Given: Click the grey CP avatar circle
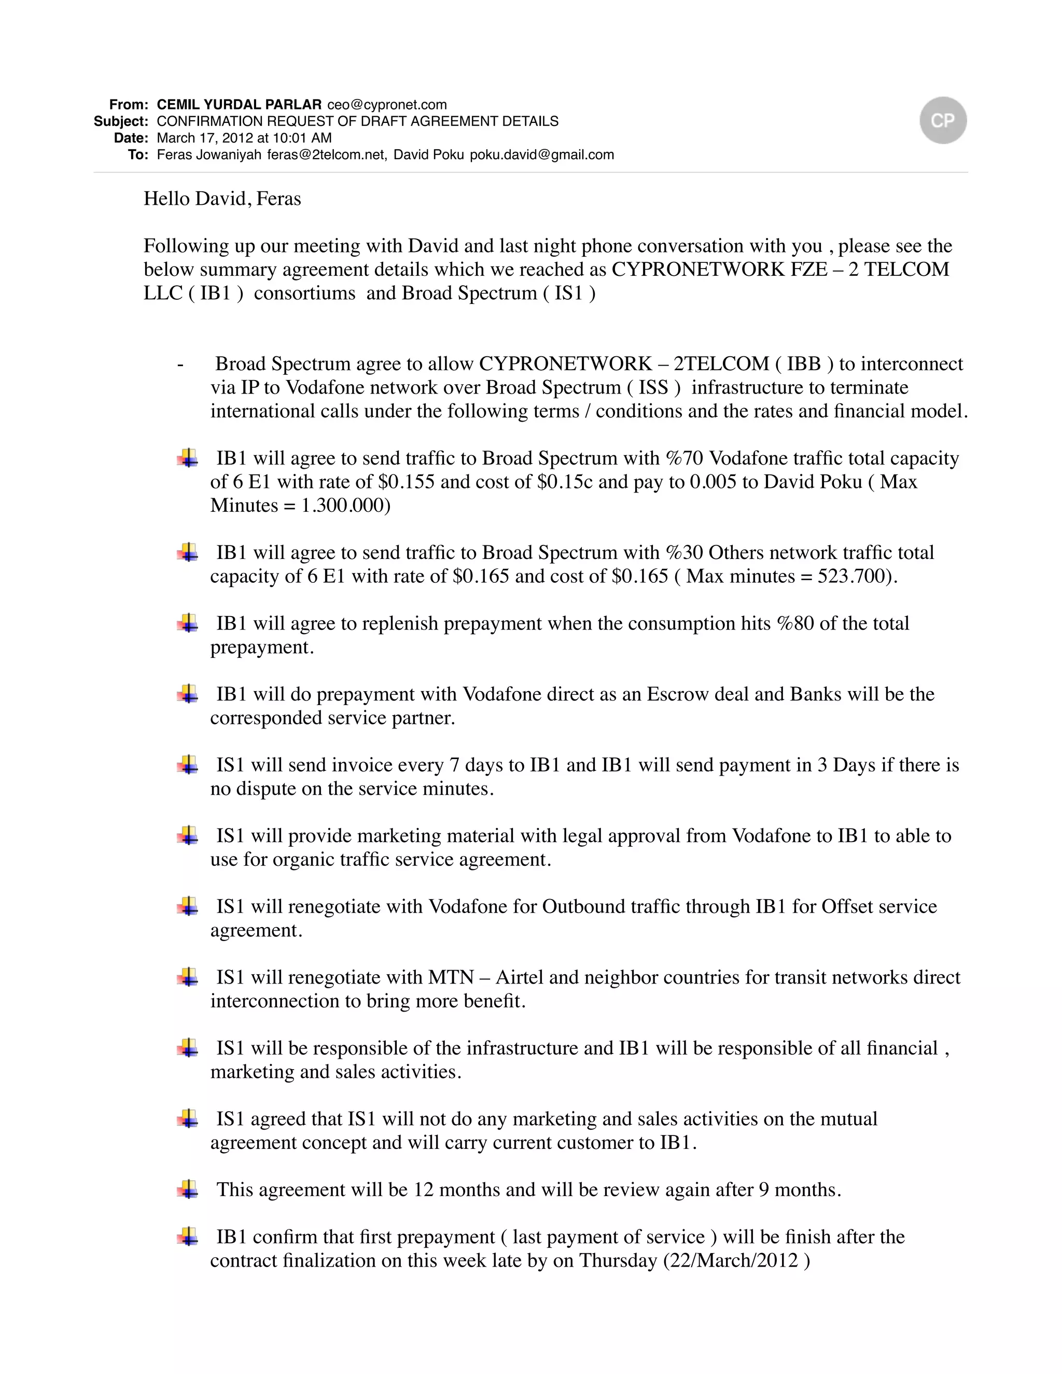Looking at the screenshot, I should (942, 120).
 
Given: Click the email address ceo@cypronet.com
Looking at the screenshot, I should (387, 104).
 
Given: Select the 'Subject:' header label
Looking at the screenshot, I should (121, 121).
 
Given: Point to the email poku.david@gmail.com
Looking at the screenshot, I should (542, 155).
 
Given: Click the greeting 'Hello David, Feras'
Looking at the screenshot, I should (222, 199).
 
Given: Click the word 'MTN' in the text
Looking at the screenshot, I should (451, 978).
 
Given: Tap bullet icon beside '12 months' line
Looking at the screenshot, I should (188, 1189).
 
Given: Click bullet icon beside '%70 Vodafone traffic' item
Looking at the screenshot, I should (188, 457).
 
